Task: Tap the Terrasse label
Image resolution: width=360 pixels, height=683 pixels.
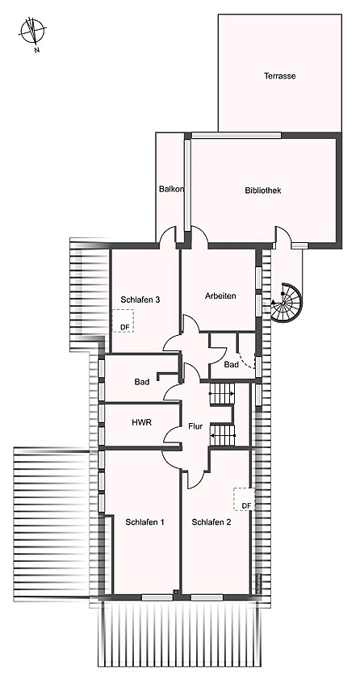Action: [x=279, y=76]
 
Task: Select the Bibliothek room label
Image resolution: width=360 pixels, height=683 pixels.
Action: [x=262, y=191]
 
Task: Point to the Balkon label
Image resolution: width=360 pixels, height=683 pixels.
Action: [x=171, y=190]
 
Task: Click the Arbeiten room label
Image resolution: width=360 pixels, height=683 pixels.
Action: [x=220, y=296]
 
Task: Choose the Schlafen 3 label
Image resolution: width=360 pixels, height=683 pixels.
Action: [x=140, y=300]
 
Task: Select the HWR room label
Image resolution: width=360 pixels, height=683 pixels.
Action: [x=143, y=421]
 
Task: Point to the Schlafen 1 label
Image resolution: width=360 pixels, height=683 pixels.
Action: [x=144, y=522]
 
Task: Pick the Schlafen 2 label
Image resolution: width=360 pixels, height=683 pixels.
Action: [x=211, y=522]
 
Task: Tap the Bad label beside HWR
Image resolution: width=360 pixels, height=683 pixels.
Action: [x=143, y=381]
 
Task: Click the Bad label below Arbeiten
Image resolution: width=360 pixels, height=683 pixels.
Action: [x=231, y=365]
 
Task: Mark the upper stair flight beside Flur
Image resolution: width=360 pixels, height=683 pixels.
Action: [x=221, y=394]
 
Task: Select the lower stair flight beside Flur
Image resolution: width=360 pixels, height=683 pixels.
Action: [x=221, y=437]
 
